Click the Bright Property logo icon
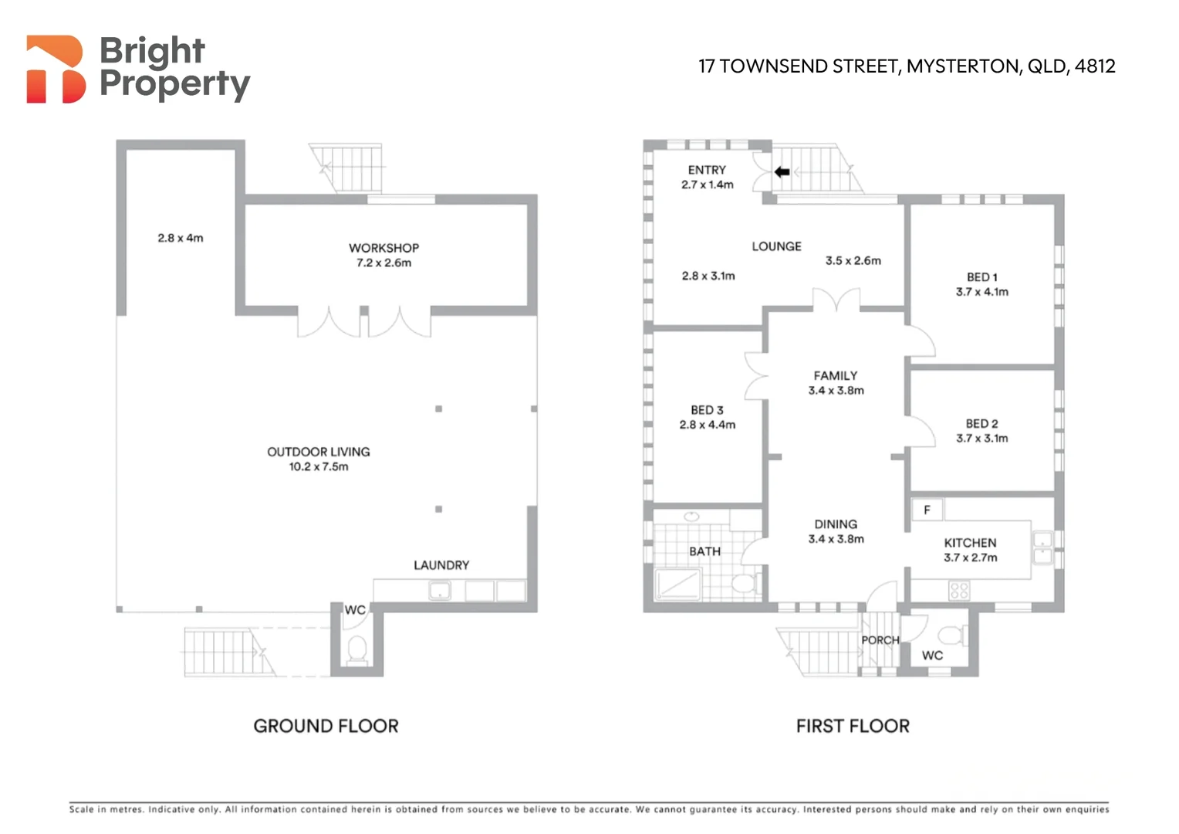pyautogui.click(x=56, y=69)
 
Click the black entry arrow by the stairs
pyautogui.click(x=782, y=171)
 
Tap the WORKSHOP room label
pyautogui.click(x=383, y=248)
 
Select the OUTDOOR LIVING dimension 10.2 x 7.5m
pyautogui.click(x=319, y=466)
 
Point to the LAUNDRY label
pyautogui.click(x=441, y=565)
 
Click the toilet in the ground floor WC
pyautogui.click(x=357, y=649)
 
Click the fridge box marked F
pyautogui.click(x=927, y=510)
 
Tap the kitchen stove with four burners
pyautogui.click(x=959, y=591)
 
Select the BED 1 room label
pyautogui.click(x=982, y=277)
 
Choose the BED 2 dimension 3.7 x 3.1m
pyautogui.click(x=982, y=439)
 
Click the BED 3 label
pyautogui.click(x=707, y=410)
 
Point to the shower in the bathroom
pyautogui.click(x=678, y=585)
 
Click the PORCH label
pyautogui.click(x=880, y=640)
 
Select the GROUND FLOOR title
pyautogui.click(x=326, y=726)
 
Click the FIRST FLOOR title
pyautogui.click(x=853, y=726)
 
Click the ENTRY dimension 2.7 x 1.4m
pyautogui.click(x=707, y=185)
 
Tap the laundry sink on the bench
pyautogui.click(x=440, y=591)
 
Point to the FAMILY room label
pyautogui.click(x=836, y=375)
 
